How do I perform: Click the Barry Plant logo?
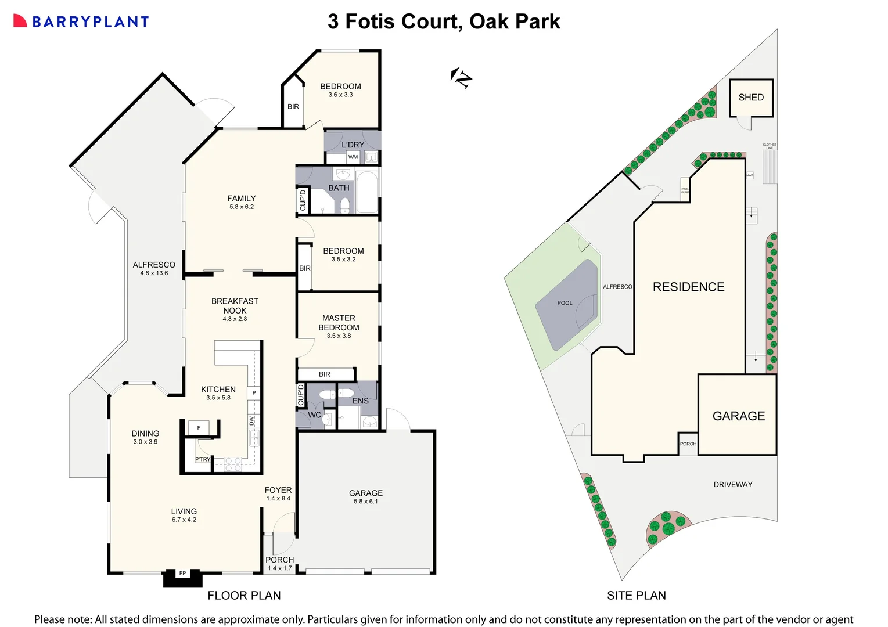pos(81,21)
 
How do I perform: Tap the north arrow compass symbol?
pos(461,77)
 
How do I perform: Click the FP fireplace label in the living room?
pos(182,574)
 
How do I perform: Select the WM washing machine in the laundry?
pos(353,157)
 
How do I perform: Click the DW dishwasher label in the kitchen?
pos(251,421)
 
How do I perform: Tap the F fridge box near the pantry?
pos(199,428)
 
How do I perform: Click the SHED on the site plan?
pos(751,98)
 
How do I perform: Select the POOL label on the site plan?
pos(565,303)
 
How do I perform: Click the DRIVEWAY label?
pos(733,484)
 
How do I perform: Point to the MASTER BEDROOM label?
pos(339,323)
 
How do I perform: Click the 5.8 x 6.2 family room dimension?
pos(242,207)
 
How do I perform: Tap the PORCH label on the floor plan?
pos(279,560)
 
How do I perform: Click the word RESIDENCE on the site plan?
pos(688,287)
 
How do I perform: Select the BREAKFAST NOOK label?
pos(235,306)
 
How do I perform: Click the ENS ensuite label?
pos(361,401)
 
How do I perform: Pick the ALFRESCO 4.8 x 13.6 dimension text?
pos(154,273)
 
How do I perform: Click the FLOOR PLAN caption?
pos(244,596)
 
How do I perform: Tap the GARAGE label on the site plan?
pos(739,416)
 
